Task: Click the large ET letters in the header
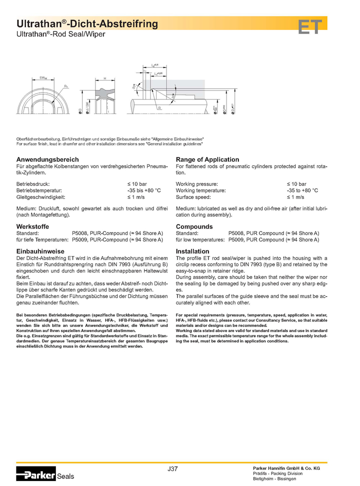point(310,27)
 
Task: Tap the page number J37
point(173,468)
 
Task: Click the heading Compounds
point(194,226)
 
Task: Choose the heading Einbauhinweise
point(40,251)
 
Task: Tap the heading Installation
point(192,251)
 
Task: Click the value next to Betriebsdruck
point(137,184)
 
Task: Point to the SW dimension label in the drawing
point(43,78)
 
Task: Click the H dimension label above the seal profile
point(104,78)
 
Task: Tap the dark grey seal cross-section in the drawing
point(104,93)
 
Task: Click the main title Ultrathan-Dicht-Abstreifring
point(87,23)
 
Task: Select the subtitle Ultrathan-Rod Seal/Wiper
point(61,34)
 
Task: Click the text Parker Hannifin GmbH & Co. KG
point(286,467)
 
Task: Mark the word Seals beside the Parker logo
point(65,476)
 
